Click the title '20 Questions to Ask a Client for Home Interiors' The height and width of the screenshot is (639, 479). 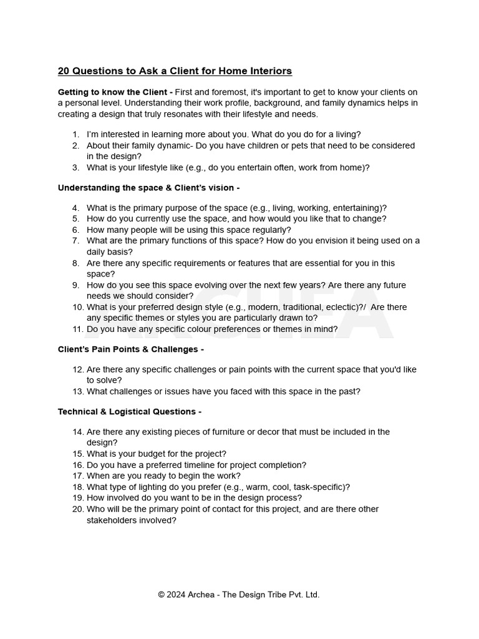pyautogui.click(x=175, y=71)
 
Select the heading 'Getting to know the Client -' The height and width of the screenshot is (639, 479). pyautogui.click(x=115, y=92)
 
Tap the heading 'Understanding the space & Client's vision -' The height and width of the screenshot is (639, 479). pyautogui.click(x=148, y=187)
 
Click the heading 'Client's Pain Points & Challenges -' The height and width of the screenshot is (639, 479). pyautogui.click(x=130, y=349)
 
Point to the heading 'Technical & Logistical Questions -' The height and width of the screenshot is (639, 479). pyautogui.click(x=129, y=411)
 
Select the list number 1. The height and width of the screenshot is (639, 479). pyautogui.click(x=75, y=134)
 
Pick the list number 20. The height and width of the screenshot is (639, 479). pyautogui.click(x=77, y=509)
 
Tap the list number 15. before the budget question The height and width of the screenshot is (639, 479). pyautogui.click(x=77, y=454)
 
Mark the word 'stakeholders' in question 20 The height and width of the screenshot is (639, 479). pyautogui.click(x=112, y=520)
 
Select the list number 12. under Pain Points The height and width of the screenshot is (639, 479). pyautogui.click(x=77, y=369)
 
